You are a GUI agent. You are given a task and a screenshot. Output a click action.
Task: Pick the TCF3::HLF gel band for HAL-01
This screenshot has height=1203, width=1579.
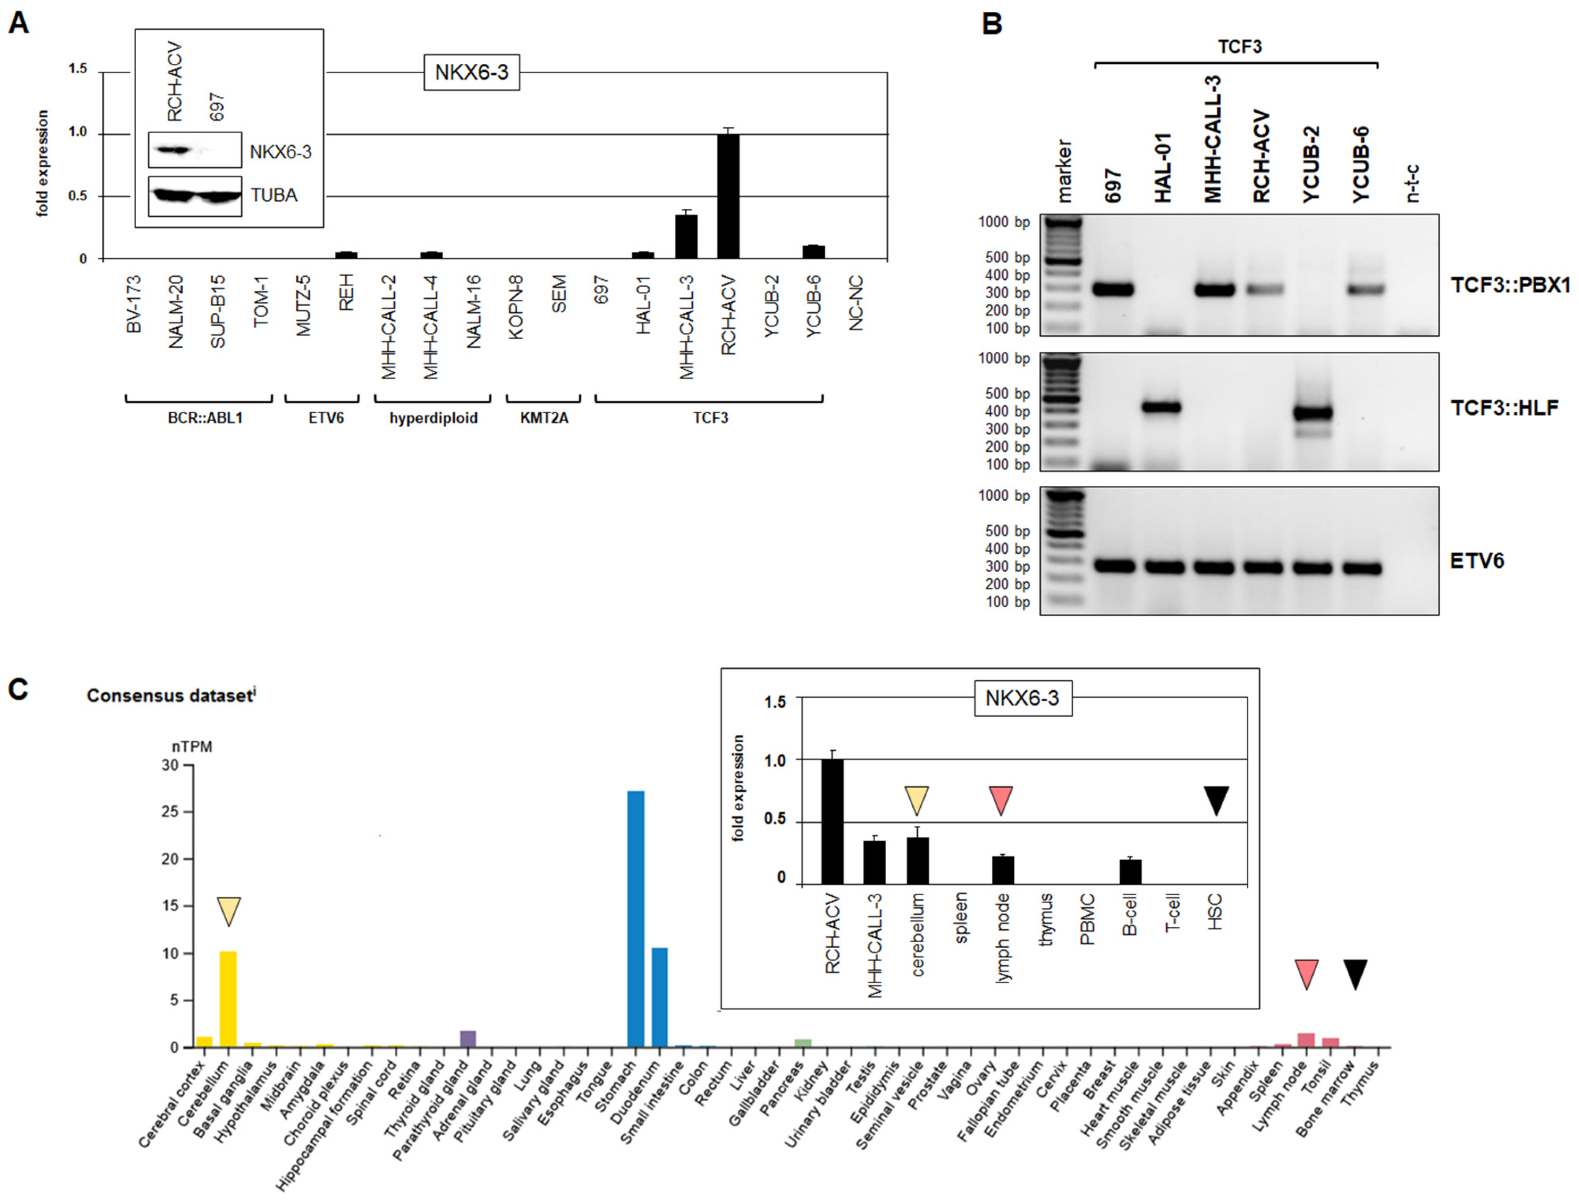point(1161,407)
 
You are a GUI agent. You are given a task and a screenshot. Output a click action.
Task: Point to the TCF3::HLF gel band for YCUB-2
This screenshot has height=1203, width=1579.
point(1312,412)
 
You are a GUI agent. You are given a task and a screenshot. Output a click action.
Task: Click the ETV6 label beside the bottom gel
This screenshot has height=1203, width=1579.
point(1477,561)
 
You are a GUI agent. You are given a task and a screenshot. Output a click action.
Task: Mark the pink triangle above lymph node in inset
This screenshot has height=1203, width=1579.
point(1001,800)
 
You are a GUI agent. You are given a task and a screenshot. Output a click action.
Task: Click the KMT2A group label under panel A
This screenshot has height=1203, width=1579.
point(544,417)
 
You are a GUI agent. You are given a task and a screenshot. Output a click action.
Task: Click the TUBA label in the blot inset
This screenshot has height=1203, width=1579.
point(274,195)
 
